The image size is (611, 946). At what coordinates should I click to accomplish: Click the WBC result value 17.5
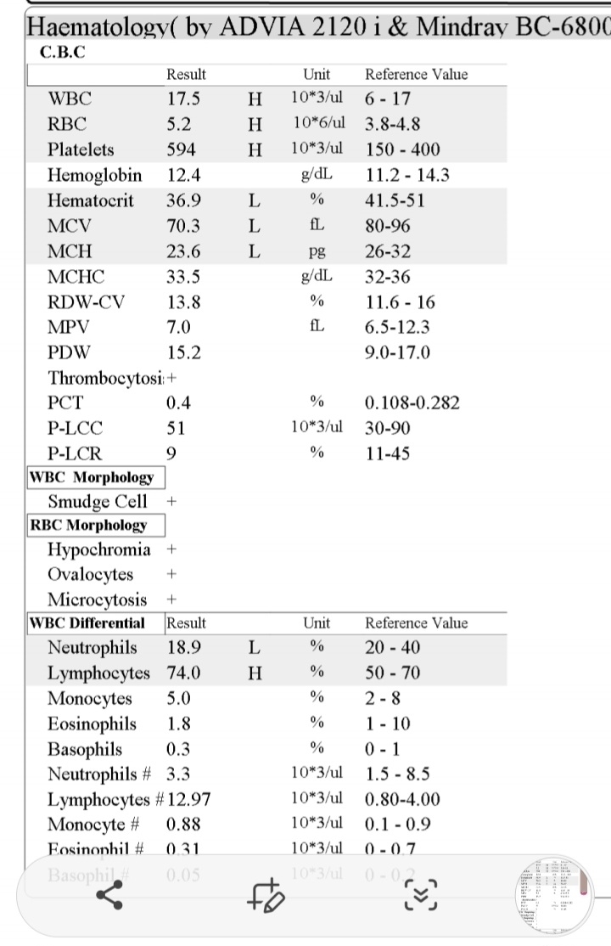[x=182, y=99]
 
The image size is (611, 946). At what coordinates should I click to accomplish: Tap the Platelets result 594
[x=181, y=149]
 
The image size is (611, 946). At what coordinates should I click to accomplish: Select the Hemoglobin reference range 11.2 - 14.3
[x=406, y=176]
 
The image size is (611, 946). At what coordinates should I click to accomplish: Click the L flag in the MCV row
[x=254, y=227]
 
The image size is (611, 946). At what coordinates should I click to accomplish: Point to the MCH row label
[x=70, y=252]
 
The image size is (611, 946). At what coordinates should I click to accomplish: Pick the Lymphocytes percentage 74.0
[x=183, y=673]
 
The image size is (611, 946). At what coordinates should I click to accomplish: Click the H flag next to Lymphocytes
[x=254, y=673]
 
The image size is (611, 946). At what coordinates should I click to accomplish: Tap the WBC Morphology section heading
[x=92, y=477]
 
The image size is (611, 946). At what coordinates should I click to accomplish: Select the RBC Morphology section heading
[x=88, y=526]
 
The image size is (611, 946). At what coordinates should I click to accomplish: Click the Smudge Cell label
[x=97, y=501]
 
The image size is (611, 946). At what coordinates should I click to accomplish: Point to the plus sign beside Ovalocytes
[x=171, y=575]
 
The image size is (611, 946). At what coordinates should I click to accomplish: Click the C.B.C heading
[x=62, y=52]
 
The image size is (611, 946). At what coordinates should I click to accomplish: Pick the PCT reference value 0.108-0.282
[x=412, y=403]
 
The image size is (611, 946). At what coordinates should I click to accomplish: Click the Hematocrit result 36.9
[x=183, y=201]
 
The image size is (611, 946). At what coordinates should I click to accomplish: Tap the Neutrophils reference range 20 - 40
[x=392, y=648]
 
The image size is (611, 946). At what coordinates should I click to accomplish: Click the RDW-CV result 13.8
[x=183, y=301]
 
